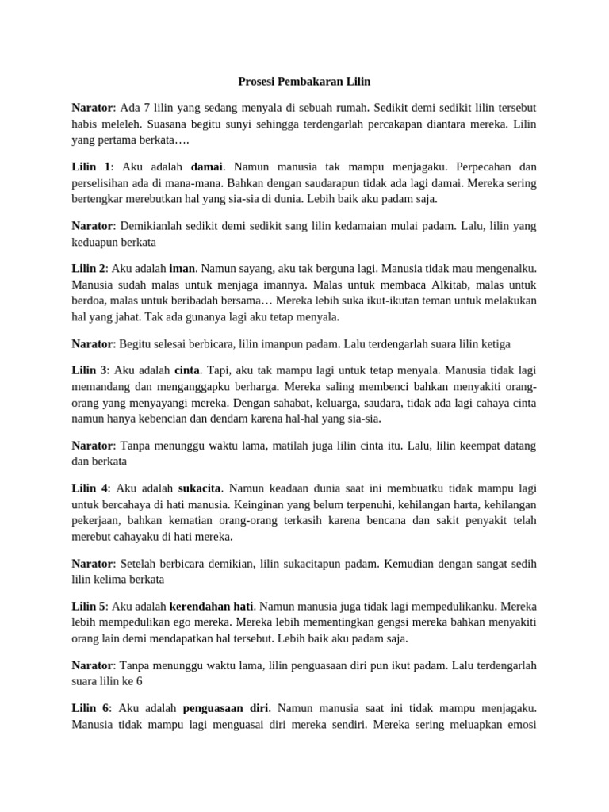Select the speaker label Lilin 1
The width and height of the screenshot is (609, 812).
click(90, 167)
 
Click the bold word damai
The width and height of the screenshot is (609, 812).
click(207, 167)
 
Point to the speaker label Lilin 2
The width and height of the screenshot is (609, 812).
click(89, 269)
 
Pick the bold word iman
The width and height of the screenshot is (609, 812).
click(182, 269)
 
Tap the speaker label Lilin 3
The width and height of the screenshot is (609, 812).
click(90, 370)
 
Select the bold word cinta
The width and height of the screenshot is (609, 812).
click(187, 370)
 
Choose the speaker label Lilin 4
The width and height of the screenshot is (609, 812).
click(90, 488)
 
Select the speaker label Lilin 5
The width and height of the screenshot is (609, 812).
click(89, 606)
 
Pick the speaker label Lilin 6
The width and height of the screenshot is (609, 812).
click(90, 708)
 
